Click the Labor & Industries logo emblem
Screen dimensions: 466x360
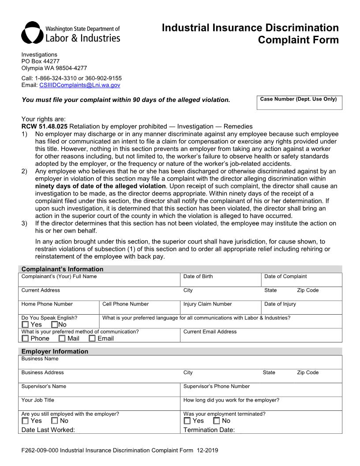(x=32, y=33)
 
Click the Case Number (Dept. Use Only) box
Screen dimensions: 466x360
(x=299, y=102)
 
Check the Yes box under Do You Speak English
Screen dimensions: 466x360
(x=25, y=325)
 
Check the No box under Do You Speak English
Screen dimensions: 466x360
(x=55, y=325)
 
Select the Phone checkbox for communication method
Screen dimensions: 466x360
(x=25, y=338)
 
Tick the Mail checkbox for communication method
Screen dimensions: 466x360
(x=62, y=338)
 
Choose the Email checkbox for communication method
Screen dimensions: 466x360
(x=92, y=338)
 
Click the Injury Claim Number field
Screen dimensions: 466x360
(x=221, y=308)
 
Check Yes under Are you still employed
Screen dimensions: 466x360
(x=25, y=421)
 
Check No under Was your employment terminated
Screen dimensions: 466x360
(x=217, y=421)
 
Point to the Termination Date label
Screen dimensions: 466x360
(x=209, y=430)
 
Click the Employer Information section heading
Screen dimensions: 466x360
(x=55, y=351)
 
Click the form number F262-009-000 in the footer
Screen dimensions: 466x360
(x=40, y=451)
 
